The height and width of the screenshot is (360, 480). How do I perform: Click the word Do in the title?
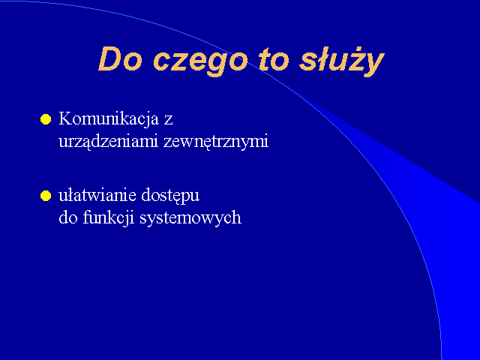click(x=121, y=59)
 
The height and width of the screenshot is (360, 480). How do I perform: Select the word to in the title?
click(x=274, y=60)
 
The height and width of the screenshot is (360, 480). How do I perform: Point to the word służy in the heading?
click(x=342, y=61)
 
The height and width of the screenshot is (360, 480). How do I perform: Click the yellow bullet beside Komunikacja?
click(x=46, y=119)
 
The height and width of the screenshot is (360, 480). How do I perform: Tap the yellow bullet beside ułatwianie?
click(x=46, y=196)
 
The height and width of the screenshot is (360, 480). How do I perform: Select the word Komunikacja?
click(x=109, y=119)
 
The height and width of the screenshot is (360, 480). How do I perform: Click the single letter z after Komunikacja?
click(x=168, y=120)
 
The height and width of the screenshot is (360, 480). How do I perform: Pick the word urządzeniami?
click(x=108, y=142)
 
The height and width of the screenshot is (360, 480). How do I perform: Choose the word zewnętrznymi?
click(x=216, y=142)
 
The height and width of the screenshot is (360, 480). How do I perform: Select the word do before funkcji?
click(x=68, y=217)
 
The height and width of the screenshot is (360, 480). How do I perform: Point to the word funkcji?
click(x=109, y=218)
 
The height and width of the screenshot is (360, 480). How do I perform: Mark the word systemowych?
click(x=190, y=219)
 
